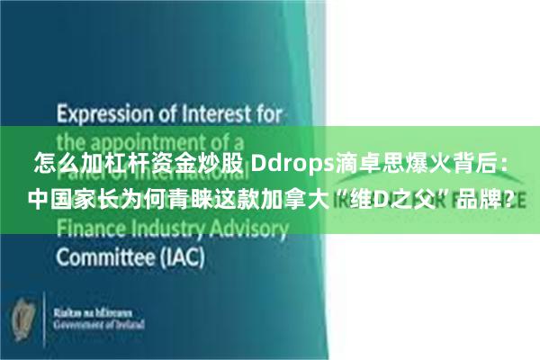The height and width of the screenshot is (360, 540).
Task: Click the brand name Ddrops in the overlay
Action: [288, 166]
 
